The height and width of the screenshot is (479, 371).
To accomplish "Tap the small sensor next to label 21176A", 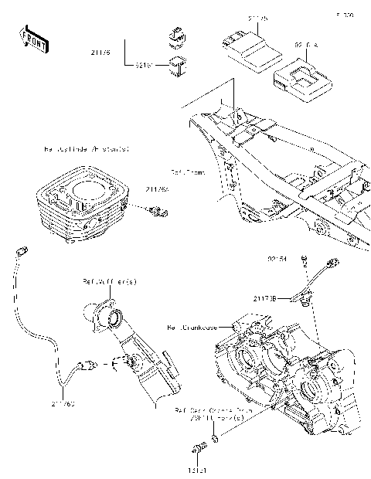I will click(159, 209).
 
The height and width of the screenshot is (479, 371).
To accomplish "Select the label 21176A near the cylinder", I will click(157, 189).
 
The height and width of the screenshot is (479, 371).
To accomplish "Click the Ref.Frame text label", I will click(185, 172).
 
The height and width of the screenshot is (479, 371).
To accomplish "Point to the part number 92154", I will click(278, 260).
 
